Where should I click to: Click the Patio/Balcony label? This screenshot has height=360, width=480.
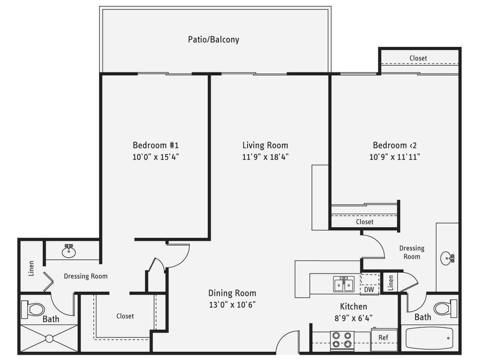coord(213,40)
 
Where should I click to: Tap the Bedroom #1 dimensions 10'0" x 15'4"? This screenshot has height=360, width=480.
coord(155,157)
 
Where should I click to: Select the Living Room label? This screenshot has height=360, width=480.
coord(265,145)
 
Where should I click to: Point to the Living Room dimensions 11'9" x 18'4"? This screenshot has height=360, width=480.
coord(265,157)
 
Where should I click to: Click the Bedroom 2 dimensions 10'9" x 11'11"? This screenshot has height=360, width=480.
coord(395,157)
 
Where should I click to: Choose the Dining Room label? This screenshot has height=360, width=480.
coord(232,293)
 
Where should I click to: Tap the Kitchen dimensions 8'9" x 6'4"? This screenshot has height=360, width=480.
coord(353,317)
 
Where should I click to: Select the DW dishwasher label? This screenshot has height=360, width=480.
coord(369,289)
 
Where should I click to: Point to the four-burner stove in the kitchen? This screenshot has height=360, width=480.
coord(343,340)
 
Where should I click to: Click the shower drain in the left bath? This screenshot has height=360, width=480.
coord(49,339)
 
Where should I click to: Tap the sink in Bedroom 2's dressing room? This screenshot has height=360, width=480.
coord(448,258)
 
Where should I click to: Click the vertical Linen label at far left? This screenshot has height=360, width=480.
coord(31,268)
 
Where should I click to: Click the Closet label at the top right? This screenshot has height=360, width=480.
coord(418,58)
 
